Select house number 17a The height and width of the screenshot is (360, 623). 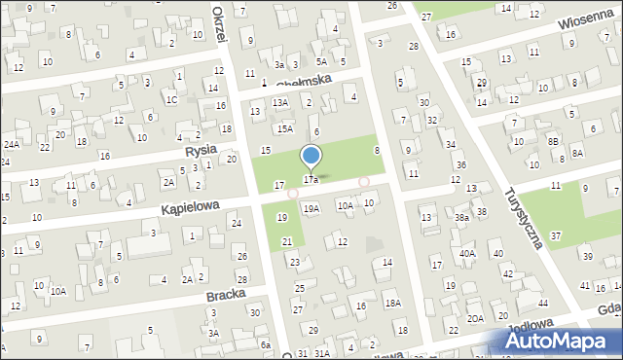(311, 180)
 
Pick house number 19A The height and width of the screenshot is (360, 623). (311, 208)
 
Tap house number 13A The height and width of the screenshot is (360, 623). (280, 102)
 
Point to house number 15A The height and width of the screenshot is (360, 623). (284, 128)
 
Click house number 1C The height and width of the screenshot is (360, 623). (171, 99)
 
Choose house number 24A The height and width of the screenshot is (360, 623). (11, 145)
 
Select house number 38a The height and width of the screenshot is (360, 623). (461, 219)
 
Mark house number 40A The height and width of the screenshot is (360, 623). (467, 253)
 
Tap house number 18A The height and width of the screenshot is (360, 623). (392, 304)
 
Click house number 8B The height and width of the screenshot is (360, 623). (554, 141)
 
